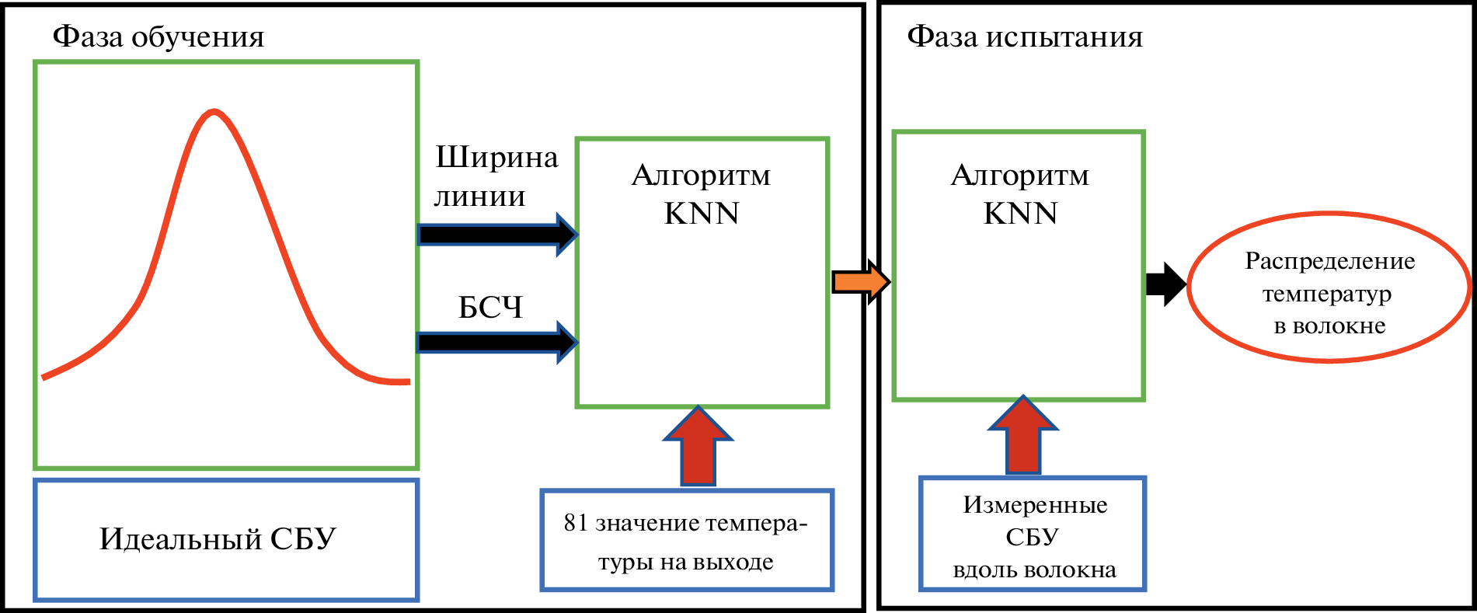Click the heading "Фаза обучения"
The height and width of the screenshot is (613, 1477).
[158, 37]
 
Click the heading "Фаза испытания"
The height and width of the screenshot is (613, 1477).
[1025, 37]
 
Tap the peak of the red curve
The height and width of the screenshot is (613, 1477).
[214, 112]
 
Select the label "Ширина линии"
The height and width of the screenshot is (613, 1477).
[495, 176]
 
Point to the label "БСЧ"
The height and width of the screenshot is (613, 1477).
[490, 308]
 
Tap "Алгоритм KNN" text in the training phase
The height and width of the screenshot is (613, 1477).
[701, 194]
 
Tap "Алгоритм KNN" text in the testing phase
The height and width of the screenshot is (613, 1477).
[1019, 194]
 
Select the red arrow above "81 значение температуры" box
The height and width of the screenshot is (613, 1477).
[698, 447]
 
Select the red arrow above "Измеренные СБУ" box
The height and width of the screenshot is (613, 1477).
[1022, 436]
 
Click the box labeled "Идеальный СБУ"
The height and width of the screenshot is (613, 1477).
[226, 539]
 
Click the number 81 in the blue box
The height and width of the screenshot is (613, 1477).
[576, 523]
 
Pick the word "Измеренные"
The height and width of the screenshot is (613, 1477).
[1035, 505]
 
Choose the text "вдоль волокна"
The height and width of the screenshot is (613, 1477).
[1034, 570]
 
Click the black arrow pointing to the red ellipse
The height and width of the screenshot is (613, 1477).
[1165, 284]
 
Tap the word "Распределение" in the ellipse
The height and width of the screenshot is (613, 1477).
[1329, 261]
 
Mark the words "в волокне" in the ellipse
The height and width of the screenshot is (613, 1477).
[1329, 326]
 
